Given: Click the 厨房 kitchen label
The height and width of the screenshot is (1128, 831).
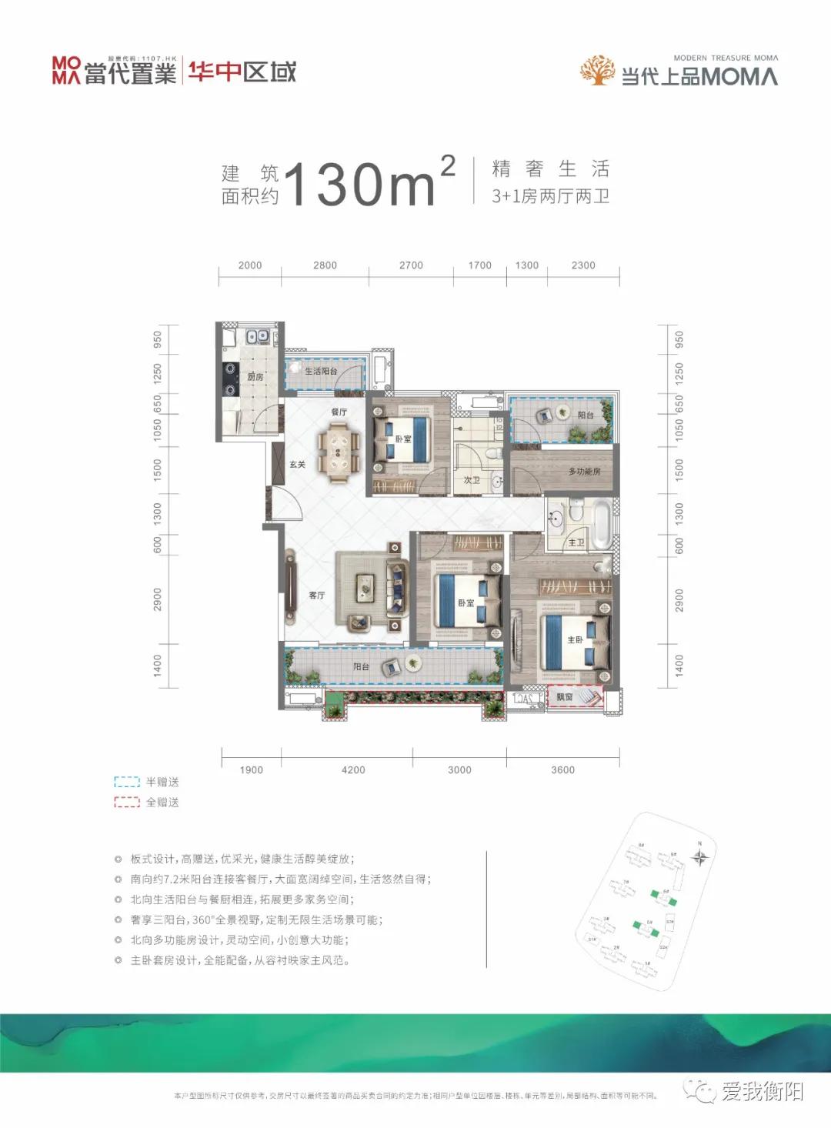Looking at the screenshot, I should pyautogui.click(x=255, y=376).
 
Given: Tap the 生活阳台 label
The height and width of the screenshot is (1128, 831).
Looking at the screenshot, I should pyautogui.click(x=321, y=371).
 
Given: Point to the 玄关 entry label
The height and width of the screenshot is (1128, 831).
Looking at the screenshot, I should pyautogui.click(x=298, y=464).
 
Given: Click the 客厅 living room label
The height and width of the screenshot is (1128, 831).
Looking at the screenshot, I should pyautogui.click(x=317, y=595).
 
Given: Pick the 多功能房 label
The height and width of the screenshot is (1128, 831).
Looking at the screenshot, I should pyautogui.click(x=584, y=471).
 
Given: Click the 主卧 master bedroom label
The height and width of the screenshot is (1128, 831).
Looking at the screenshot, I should pyautogui.click(x=575, y=639).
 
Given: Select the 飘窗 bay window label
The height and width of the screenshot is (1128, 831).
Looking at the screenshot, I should pyautogui.click(x=565, y=697).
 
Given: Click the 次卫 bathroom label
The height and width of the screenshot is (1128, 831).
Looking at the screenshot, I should pyautogui.click(x=472, y=479).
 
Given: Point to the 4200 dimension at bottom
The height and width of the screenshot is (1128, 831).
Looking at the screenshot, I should pyautogui.click(x=353, y=769).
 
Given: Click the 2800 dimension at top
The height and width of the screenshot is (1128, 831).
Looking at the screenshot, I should pyautogui.click(x=325, y=265).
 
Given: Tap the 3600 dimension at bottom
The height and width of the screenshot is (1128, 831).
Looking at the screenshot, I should pyautogui.click(x=562, y=769).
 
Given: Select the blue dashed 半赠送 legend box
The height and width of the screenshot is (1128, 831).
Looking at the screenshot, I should pyautogui.click(x=127, y=782).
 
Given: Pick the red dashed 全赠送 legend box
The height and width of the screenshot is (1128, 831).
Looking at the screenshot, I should pyautogui.click(x=127, y=802).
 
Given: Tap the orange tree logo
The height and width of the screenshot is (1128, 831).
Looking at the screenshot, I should pyautogui.click(x=597, y=71).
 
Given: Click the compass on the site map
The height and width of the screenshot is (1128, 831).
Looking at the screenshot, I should pyautogui.click(x=699, y=856).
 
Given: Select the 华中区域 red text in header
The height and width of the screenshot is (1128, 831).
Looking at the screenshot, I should pyautogui.click(x=242, y=72).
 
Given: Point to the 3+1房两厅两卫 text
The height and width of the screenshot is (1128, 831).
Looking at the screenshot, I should pyautogui.click(x=551, y=196).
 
